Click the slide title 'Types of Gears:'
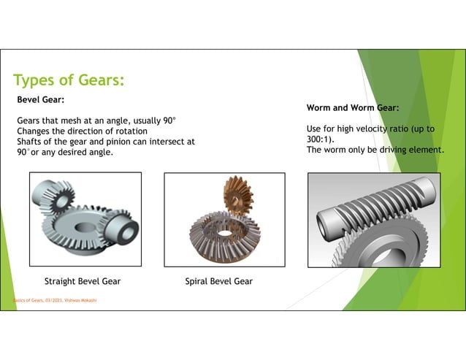69,80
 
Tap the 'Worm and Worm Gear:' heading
352,108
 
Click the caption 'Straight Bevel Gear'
83,281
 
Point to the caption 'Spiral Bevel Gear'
219,281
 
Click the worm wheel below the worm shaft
365,252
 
